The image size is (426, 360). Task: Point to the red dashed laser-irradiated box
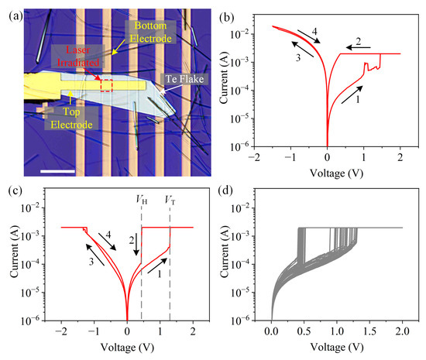tap(106, 85)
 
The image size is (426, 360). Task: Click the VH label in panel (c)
tap(139, 199)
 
